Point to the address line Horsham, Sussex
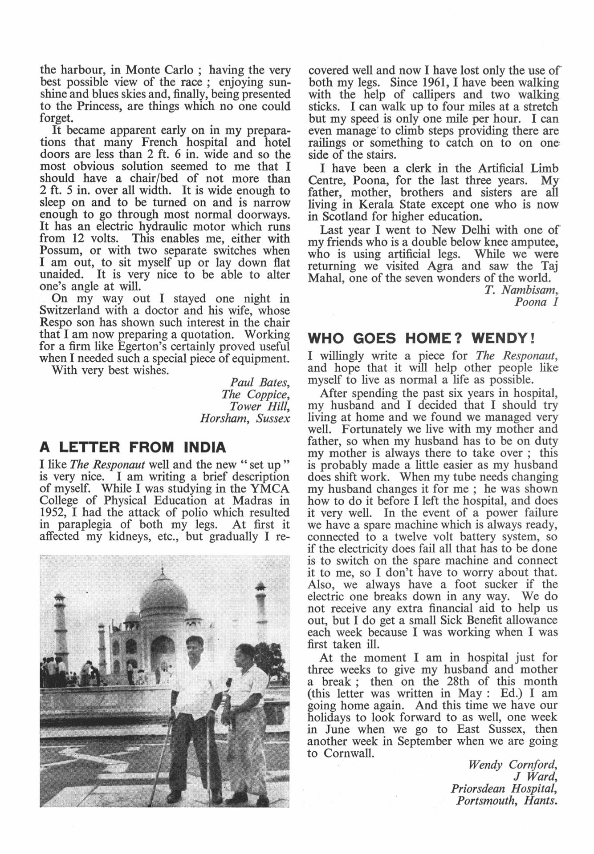[245, 418]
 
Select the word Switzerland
[75, 310]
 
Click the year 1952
[52, 512]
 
